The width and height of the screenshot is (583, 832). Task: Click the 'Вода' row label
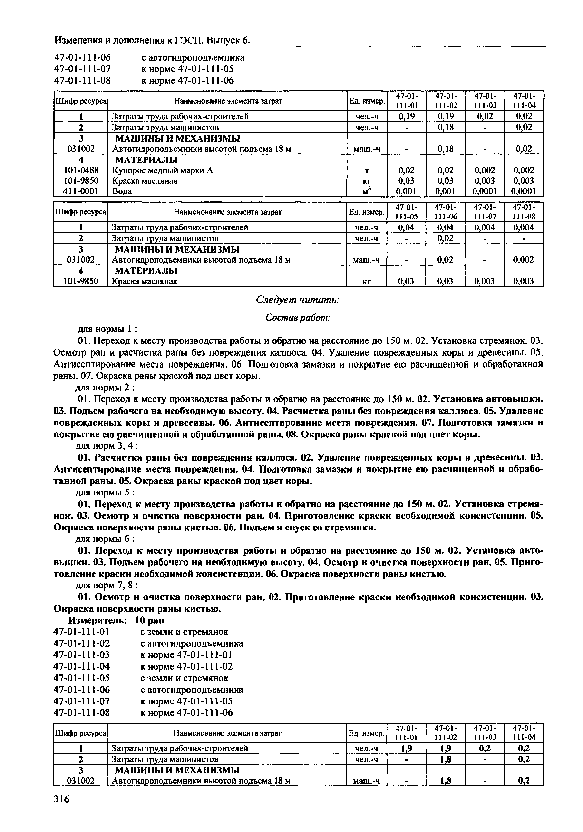click(x=122, y=191)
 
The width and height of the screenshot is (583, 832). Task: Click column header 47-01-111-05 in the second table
click(x=406, y=212)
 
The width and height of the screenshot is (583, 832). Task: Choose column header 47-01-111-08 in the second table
click(x=524, y=212)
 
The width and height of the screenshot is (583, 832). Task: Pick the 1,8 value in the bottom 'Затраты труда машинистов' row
click(x=445, y=759)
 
